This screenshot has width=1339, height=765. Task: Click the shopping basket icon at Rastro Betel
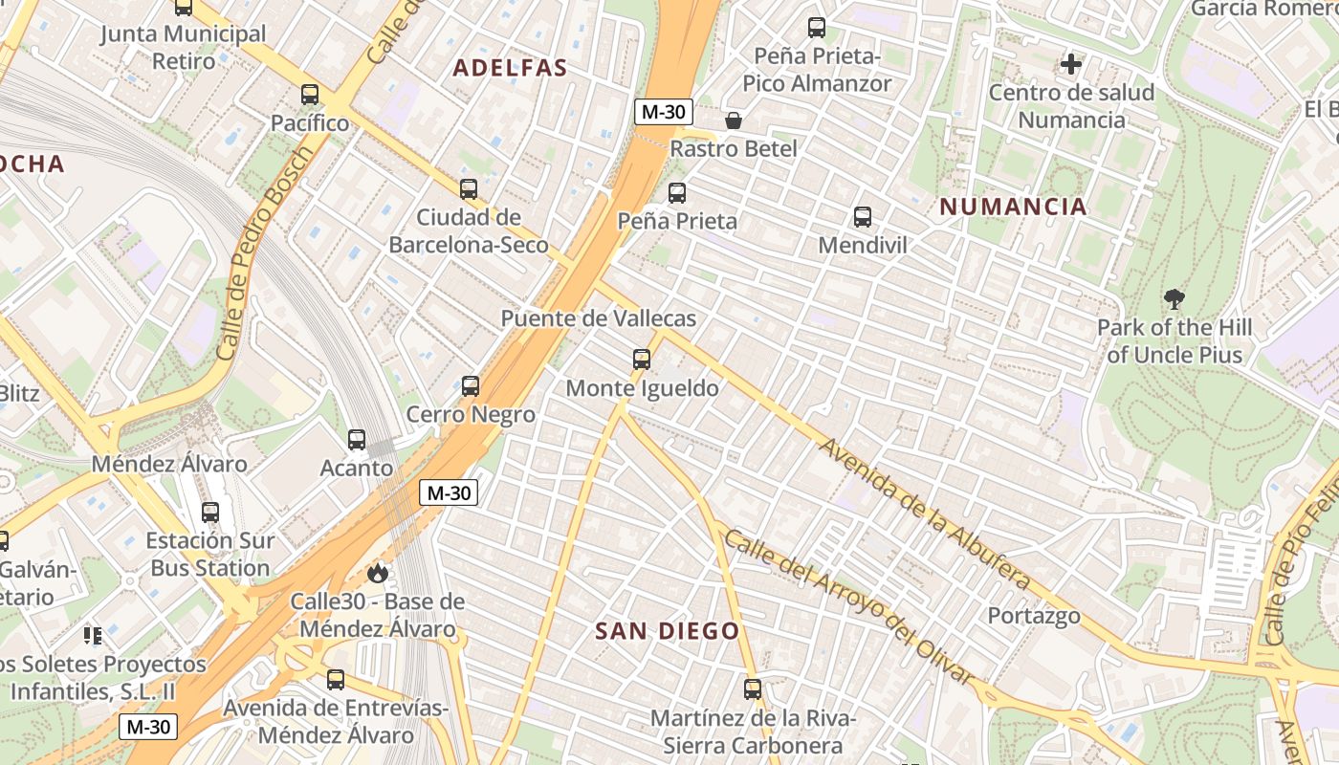tap(734, 120)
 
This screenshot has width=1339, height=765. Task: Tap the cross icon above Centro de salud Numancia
tap(1071, 64)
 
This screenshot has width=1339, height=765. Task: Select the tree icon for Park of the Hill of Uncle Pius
tap(1174, 299)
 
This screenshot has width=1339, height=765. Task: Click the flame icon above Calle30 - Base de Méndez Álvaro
tap(378, 573)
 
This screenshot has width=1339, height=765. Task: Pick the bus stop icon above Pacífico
tap(310, 95)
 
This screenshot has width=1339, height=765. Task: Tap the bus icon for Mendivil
tap(863, 217)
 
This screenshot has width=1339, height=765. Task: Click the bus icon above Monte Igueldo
tap(642, 360)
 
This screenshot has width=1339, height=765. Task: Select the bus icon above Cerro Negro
tap(471, 386)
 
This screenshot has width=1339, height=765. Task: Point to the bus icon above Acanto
tap(357, 440)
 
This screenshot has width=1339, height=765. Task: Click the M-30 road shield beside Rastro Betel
tap(663, 112)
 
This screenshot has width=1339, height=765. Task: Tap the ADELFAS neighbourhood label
tap(510, 68)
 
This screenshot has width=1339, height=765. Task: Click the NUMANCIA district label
tap(1013, 207)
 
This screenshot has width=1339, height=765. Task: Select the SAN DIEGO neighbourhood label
tap(668, 631)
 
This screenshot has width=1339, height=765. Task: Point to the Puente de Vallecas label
tap(599, 318)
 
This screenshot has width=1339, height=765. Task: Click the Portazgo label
tap(1034, 615)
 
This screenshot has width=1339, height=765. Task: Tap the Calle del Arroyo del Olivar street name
tap(847, 606)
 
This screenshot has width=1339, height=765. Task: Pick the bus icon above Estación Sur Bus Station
tap(210, 513)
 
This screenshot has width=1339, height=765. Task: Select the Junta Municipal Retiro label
tap(184, 48)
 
